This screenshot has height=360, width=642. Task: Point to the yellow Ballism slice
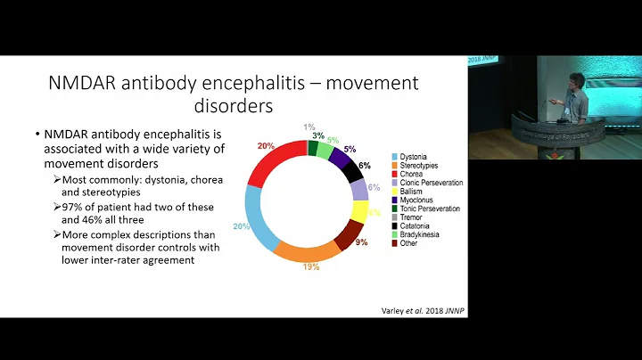(359, 211)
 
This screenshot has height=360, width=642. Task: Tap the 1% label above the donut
(309, 127)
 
